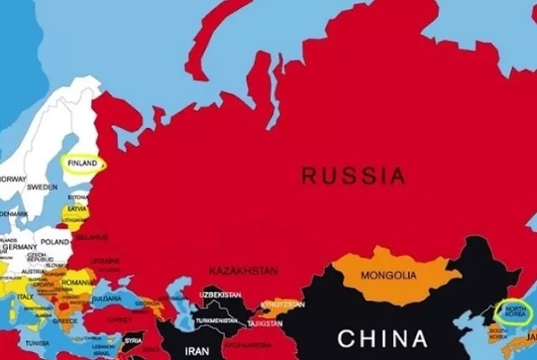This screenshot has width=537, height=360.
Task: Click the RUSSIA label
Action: tap(353, 176)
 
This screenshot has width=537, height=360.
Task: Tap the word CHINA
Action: tap(381, 339)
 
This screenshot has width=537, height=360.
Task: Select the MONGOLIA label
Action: tap(387, 274)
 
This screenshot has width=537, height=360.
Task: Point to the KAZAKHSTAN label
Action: tap(243, 270)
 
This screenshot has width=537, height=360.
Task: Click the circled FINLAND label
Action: tap(81, 164)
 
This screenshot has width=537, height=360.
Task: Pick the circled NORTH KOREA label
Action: tap(516, 312)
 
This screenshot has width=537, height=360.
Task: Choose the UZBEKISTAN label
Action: tap(221, 295)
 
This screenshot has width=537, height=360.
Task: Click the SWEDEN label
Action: tap(41, 187)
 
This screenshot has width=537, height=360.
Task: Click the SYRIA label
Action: tap(133, 340)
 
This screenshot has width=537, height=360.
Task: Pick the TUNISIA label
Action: tap(37, 343)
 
